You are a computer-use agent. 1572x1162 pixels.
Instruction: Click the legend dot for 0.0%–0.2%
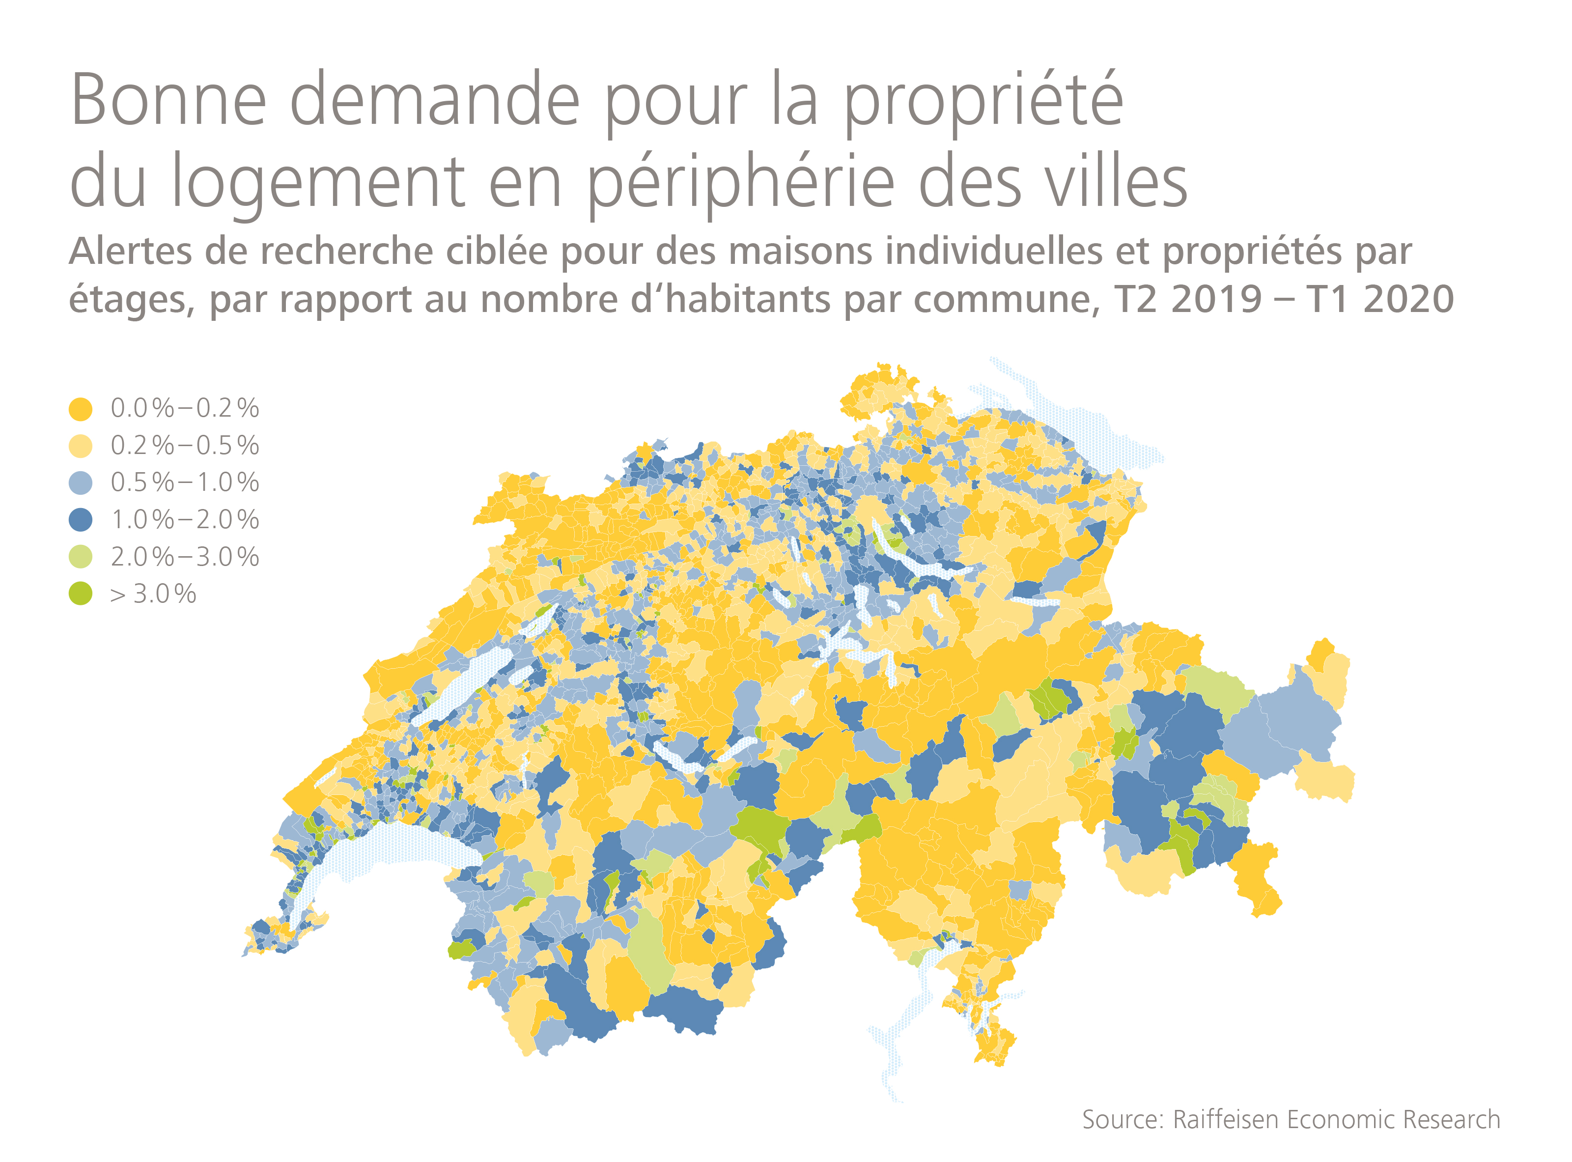tap(80, 409)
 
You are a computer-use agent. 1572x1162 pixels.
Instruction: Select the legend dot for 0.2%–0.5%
tap(80, 446)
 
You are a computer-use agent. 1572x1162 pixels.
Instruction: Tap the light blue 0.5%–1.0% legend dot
tap(80, 483)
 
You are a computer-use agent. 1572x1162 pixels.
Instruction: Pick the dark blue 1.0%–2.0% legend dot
tap(80, 520)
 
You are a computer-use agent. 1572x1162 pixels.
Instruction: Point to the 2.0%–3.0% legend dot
tap(80, 557)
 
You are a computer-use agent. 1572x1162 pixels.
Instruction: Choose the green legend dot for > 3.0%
tap(80, 595)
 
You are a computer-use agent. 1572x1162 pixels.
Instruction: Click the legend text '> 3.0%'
tap(153, 595)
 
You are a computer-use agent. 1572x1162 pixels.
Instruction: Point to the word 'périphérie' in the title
tap(741, 181)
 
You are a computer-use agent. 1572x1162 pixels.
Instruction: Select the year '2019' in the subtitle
tap(1216, 300)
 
